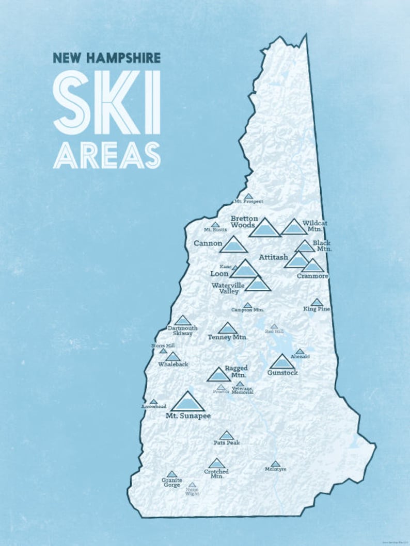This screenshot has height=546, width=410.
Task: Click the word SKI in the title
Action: (106, 102)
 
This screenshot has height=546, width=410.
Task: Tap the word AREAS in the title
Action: (106, 155)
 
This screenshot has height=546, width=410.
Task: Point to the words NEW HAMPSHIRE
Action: (106, 58)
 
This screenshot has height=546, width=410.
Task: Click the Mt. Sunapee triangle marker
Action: (187, 403)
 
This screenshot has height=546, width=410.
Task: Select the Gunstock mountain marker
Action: (282, 362)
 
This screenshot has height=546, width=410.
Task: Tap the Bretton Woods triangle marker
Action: (264, 228)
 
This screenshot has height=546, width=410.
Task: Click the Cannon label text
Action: (208, 243)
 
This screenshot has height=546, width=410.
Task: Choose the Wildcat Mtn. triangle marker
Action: (294, 227)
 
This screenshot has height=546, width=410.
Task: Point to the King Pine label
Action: (317, 309)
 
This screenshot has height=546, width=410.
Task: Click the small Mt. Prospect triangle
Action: (248, 196)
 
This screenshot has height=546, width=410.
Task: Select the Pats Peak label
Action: (227, 442)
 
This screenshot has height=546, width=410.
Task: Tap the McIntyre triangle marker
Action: (275, 464)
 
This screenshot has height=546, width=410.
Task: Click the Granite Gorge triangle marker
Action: (172, 474)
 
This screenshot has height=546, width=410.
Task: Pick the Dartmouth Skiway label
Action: (180, 330)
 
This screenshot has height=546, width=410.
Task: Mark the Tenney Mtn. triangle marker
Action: (227, 329)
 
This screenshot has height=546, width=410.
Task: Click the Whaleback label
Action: (173, 364)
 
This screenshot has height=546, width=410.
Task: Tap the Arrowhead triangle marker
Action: (153, 402)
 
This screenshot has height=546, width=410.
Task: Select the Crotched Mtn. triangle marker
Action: (216, 464)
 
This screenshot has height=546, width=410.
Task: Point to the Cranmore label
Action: (312, 276)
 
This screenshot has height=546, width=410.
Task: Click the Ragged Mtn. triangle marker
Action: (218, 375)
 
